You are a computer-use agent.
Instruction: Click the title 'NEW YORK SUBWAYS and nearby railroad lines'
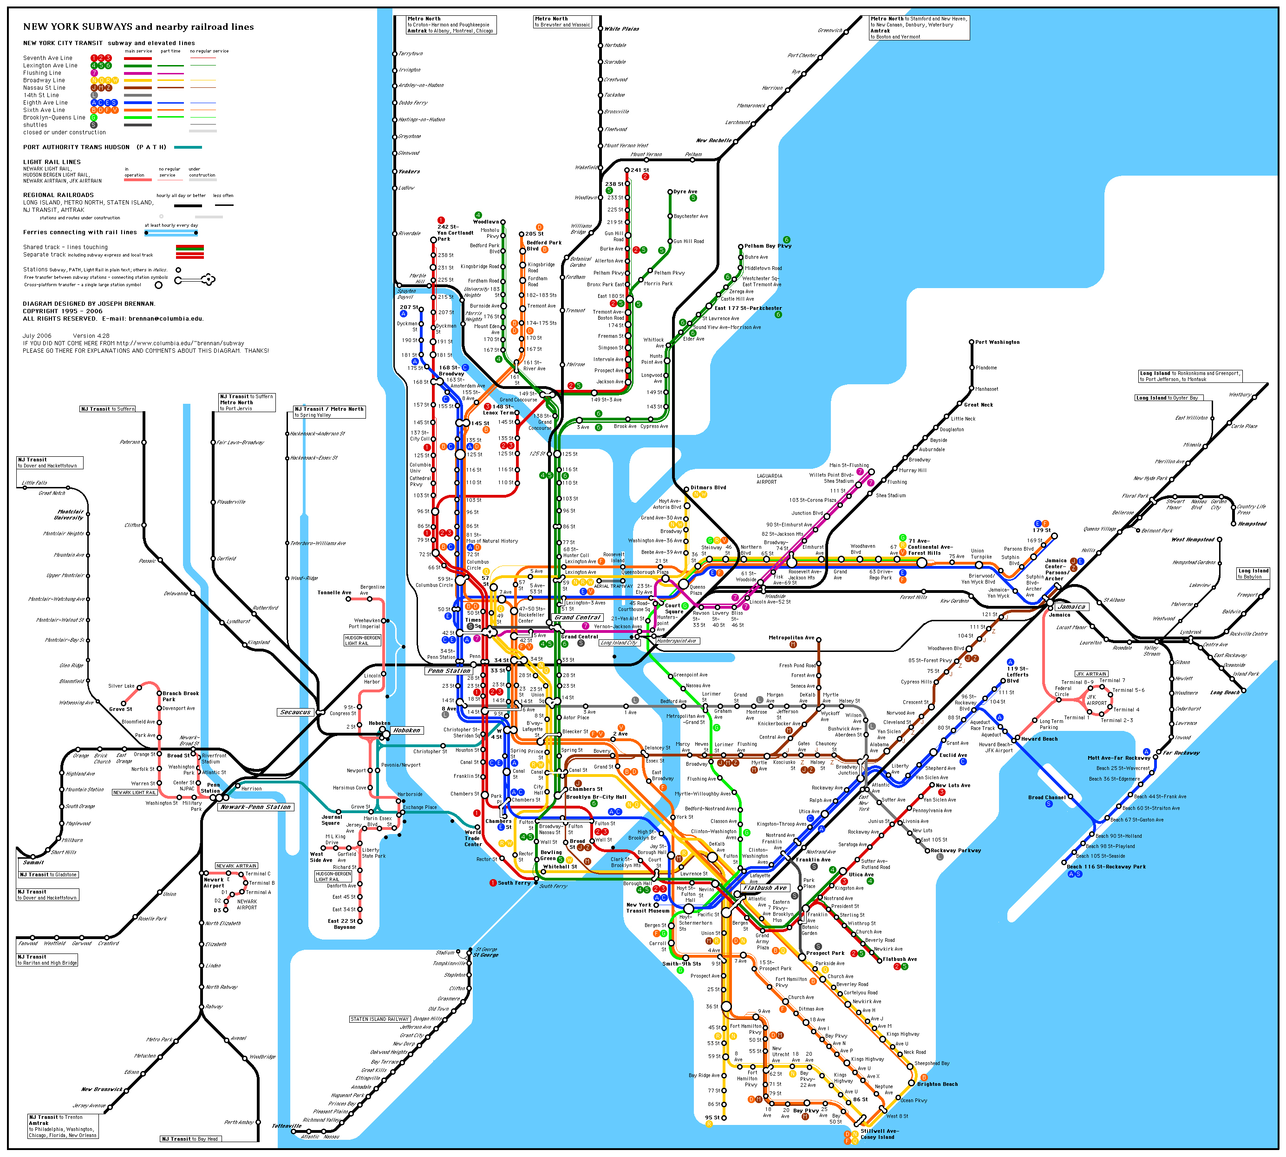[138, 26]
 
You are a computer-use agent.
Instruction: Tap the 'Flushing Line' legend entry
[43, 73]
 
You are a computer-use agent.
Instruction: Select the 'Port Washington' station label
[997, 342]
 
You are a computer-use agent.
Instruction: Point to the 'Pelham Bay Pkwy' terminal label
[768, 246]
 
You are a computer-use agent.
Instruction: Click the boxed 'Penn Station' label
[449, 671]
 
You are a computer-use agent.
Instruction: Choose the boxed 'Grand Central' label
[578, 617]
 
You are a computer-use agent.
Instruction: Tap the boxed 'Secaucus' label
[295, 712]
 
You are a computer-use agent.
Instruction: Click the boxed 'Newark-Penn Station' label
[255, 807]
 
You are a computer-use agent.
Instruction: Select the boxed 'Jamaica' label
[1071, 606]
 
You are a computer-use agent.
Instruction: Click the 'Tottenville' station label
[287, 1126]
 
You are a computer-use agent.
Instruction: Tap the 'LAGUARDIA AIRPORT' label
[769, 479]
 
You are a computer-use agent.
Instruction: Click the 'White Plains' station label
[621, 29]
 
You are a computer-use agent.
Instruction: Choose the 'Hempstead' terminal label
[1252, 524]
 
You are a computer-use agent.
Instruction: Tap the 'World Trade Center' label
[473, 838]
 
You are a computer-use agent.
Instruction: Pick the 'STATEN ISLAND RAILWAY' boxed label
[379, 1019]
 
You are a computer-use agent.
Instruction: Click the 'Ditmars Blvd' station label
[708, 487]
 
